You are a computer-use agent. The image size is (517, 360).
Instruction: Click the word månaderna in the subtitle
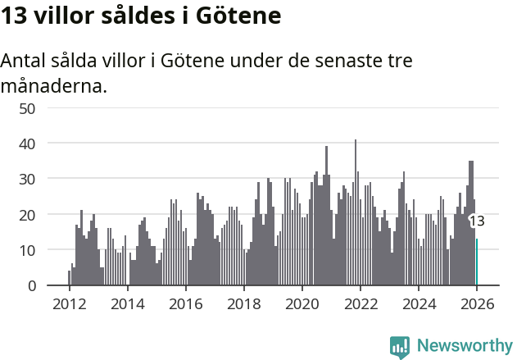pyautogui.click(x=54, y=85)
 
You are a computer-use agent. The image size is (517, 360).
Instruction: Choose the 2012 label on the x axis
pyautogui.click(x=69, y=304)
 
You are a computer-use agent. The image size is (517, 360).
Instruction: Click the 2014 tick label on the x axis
pyautogui.click(x=127, y=304)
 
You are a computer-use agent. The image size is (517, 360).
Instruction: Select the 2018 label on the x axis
pyautogui.click(x=243, y=304)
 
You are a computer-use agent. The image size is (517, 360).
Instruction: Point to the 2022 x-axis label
pyautogui.click(x=361, y=304)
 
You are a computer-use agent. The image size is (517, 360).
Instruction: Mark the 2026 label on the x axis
pyautogui.click(x=477, y=304)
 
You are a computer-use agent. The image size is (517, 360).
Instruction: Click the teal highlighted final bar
pyautogui.click(x=477, y=262)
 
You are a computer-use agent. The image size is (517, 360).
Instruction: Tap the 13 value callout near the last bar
pyautogui.click(x=477, y=221)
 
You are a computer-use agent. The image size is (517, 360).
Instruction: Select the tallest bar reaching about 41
pyautogui.click(x=356, y=213)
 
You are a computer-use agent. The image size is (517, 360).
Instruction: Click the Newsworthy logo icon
pyautogui.click(x=400, y=346)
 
